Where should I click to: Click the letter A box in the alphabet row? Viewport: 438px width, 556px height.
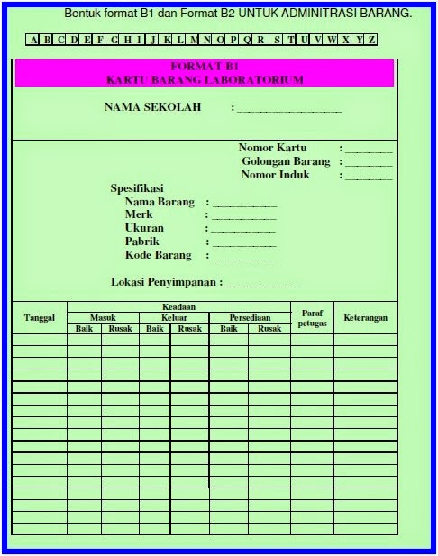pos(33,40)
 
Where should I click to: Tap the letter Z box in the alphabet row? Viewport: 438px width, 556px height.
pos(371,40)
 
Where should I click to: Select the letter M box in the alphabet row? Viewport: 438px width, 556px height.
pos(195,40)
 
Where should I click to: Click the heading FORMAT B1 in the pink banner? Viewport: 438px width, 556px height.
pos(204,67)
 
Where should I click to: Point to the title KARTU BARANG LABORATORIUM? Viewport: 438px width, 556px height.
pos(204,79)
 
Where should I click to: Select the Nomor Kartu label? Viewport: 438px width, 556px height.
pos(272,148)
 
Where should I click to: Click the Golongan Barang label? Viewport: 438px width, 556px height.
pos(286,161)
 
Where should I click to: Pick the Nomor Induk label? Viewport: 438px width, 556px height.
pos(275,175)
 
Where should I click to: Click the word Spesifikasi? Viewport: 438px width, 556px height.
pos(136,188)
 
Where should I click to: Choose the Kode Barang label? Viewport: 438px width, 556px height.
pos(158,255)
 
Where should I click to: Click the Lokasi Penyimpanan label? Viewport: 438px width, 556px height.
pos(164,282)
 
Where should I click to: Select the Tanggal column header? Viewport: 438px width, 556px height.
pos(40,317)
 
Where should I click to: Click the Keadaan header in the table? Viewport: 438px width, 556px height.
pos(178,307)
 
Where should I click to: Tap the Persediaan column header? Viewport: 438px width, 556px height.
pos(250,317)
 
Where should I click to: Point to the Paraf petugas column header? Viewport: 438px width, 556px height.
pos(312,317)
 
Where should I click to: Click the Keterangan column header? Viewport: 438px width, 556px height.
pos(365,317)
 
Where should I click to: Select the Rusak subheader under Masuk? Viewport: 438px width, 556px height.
pos(120,328)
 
